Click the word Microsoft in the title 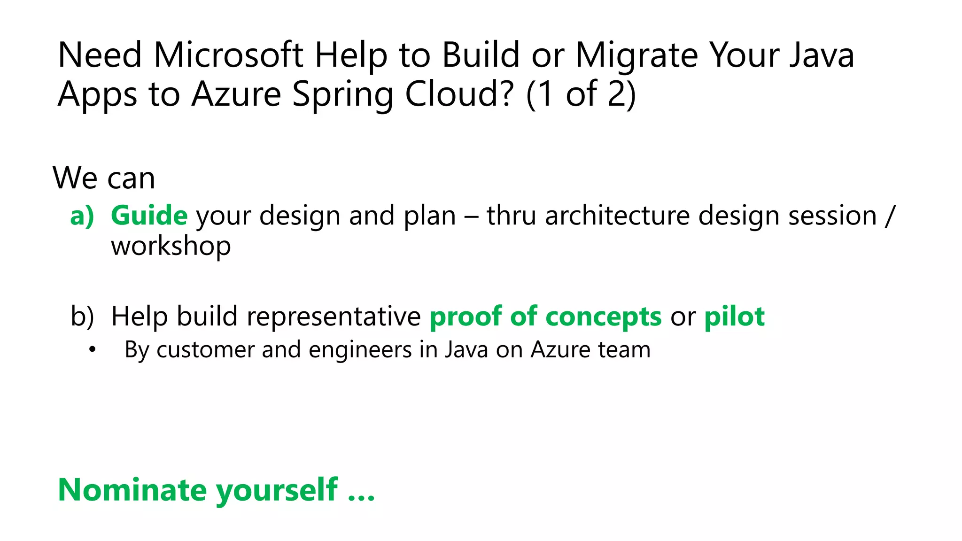pyautogui.click(x=228, y=55)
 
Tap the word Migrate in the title pyautogui.click(x=636, y=55)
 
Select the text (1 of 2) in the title pyautogui.click(x=581, y=94)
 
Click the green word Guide pyautogui.click(x=149, y=216)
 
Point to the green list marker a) pyautogui.click(x=82, y=216)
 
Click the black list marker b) pyautogui.click(x=82, y=317)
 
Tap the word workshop pyautogui.click(x=171, y=246)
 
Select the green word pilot pyautogui.click(x=734, y=317)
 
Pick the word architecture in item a pyautogui.click(x=617, y=216)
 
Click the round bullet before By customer pyautogui.click(x=93, y=350)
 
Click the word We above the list pyautogui.click(x=75, y=178)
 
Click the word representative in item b pyautogui.click(x=334, y=317)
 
